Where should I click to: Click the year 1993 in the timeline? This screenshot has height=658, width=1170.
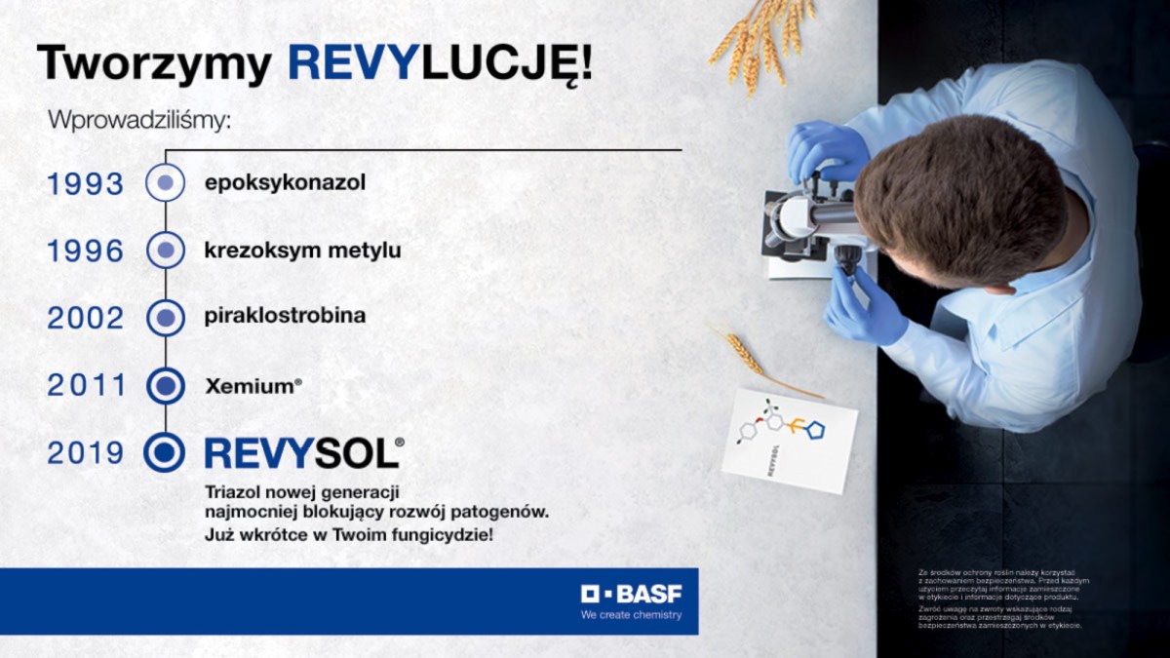86,183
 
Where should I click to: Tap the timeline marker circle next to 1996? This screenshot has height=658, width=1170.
165,250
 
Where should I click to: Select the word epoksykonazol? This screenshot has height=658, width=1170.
285,182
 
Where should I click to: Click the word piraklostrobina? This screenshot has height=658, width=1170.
285,317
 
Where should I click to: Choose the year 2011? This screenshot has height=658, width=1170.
87,385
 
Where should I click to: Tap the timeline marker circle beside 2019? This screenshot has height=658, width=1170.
164,451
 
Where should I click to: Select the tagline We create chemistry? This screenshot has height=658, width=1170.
631,615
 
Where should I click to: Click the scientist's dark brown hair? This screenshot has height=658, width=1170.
960,200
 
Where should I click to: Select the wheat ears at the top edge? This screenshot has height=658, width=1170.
760,39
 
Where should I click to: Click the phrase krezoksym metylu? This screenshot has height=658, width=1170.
302,251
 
